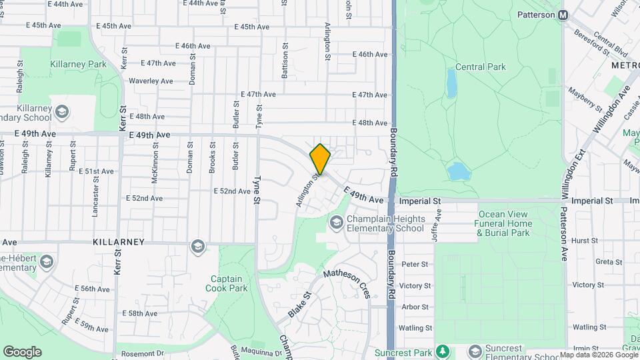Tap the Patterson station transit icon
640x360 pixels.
tap(563, 15)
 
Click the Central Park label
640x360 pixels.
tap(480, 67)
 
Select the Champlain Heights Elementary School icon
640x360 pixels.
tap(337, 221)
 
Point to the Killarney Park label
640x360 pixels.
tap(78, 65)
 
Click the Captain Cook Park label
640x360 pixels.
tap(229, 283)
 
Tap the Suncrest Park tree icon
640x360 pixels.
tap(441, 351)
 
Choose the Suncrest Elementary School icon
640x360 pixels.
tap(475, 351)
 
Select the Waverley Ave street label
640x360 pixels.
tap(151, 81)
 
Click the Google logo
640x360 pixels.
tap(22, 351)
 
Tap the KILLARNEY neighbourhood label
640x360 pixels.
tap(119, 242)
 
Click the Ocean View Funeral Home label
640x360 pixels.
tap(504, 223)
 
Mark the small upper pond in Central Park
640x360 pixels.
tap(451, 83)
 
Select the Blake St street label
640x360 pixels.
tap(300, 303)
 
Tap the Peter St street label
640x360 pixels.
tap(415, 264)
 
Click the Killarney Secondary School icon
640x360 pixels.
tap(62, 111)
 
